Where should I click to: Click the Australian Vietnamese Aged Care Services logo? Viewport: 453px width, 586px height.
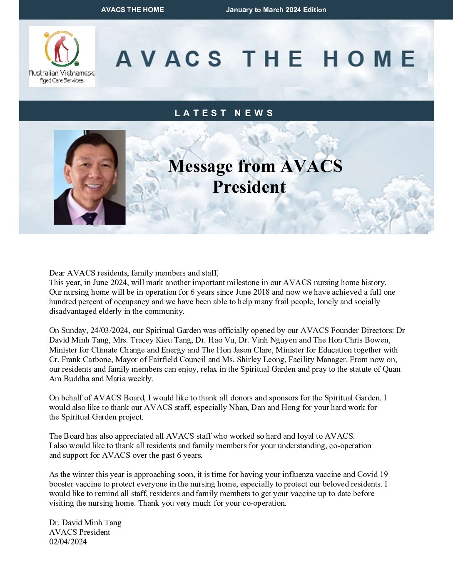click(62, 57)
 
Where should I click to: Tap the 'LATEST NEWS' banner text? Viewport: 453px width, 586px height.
click(224, 113)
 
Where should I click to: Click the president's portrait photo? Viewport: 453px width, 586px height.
click(90, 177)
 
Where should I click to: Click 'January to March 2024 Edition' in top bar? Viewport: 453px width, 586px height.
click(276, 10)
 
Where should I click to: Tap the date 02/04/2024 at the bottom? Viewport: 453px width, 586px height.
click(68, 541)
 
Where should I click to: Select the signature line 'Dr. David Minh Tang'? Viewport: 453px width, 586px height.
click(85, 522)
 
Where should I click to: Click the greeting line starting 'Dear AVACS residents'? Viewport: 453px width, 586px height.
click(134, 273)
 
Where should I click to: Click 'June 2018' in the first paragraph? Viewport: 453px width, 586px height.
click(253, 292)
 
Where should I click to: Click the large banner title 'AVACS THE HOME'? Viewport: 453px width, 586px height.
click(265, 59)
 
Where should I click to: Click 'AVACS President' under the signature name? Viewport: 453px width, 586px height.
click(80, 532)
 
